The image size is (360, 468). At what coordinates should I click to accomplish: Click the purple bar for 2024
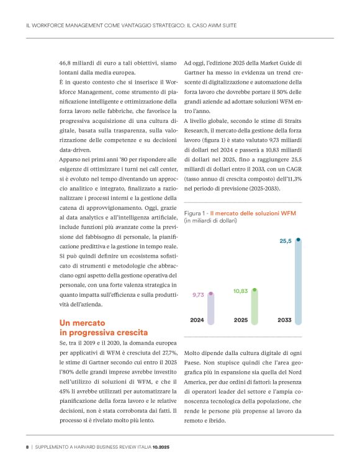coord(211,308)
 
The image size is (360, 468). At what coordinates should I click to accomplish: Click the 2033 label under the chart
coord(285,320)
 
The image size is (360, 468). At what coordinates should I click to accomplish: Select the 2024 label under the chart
coord(197,320)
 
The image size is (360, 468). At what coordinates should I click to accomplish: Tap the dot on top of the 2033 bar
coord(299,240)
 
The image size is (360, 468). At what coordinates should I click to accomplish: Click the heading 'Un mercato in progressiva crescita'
coord(104,328)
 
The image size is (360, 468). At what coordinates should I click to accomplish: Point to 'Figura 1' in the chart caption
coord(196,213)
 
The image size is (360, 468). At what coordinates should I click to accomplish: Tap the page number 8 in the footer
coord(27,446)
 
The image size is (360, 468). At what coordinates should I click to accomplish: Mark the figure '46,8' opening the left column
coord(66,63)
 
